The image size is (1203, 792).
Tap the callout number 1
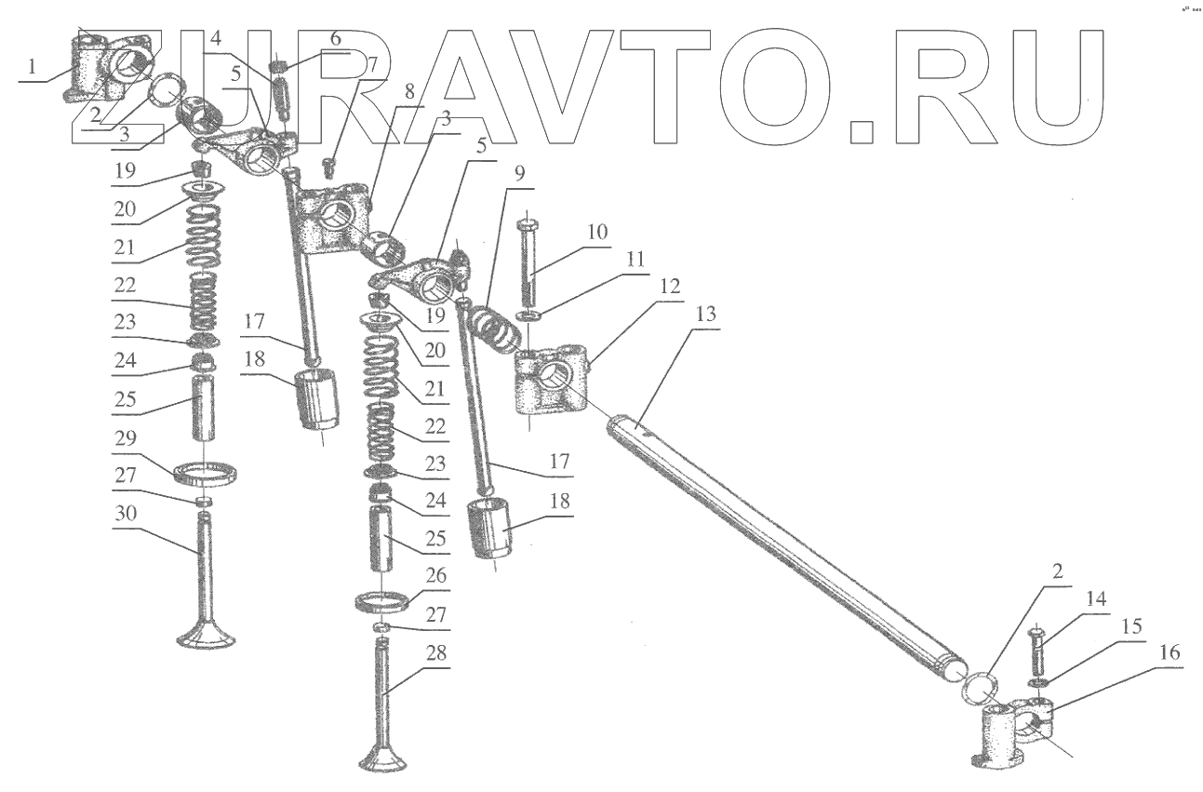(x=33, y=68)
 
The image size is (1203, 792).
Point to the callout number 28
(x=437, y=654)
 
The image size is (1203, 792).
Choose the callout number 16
(x=1170, y=653)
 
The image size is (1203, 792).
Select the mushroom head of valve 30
(x=207, y=637)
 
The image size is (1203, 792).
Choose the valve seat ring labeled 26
(x=383, y=600)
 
